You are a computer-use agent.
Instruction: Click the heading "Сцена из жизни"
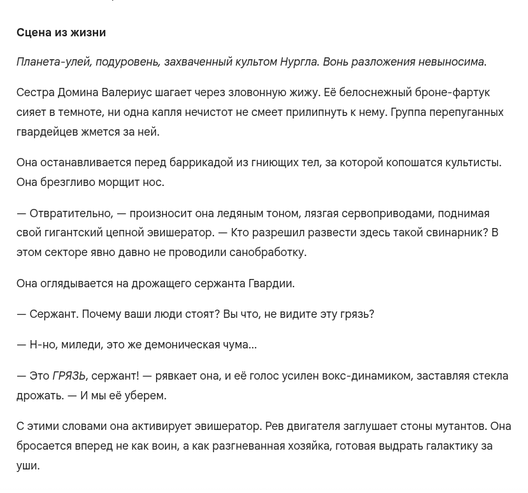pos(61,32)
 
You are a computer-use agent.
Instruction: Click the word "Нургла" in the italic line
pos(298,62)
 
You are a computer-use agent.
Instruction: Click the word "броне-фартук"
pos(452,93)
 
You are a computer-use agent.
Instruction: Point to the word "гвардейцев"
pos(43,132)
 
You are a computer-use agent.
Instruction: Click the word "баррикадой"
pos(201,162)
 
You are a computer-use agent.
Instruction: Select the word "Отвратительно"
pos(71,213)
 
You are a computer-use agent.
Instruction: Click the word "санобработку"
pos(268,252)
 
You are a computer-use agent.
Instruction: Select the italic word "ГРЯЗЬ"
pos(69,376)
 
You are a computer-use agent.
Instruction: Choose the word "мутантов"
pos(460,426)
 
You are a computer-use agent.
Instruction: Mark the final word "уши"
pos(27,466)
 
